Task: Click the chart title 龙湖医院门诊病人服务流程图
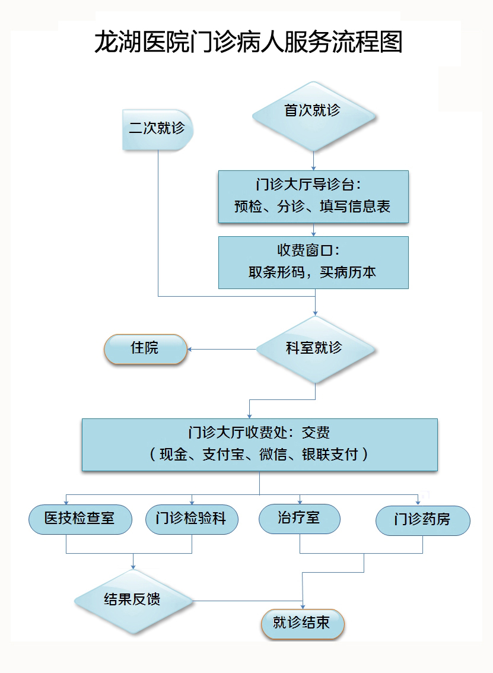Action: click(x=249, y=43)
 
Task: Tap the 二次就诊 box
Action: click(x=157, y=129)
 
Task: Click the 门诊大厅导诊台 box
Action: click(x=313, y=196)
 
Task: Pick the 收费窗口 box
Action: click(x=313, y=262)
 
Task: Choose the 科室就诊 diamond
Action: click(x=314, y=348)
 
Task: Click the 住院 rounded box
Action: click(x=145, y=348)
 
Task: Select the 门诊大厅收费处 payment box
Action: click(x=259, y=445)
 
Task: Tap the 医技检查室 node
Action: click(x=79, y=519)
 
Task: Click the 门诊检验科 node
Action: click(x=191, y=519)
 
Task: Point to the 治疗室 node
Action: click(x=299, y=518)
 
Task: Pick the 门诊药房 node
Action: click(x=422, y=520)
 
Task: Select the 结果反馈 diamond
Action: click(x=132, y=600)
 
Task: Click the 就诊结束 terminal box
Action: click(x=303, y=623)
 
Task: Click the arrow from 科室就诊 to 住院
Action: click(x=220, y=348)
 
